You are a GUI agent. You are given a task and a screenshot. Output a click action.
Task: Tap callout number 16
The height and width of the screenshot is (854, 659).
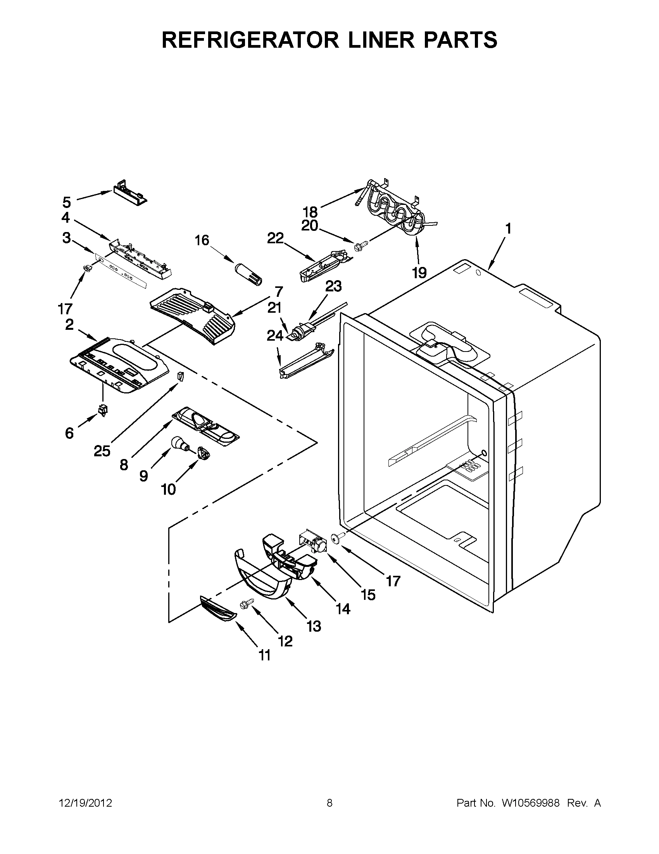(x=202, y=240)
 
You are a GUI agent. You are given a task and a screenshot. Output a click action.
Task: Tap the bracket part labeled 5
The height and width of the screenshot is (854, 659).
(x=130, y=194)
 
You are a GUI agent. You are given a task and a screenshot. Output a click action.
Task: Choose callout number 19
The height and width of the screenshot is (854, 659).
(x=419, y=272)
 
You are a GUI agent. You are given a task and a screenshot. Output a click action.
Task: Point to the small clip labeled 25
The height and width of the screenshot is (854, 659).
(x=180, y=376)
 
